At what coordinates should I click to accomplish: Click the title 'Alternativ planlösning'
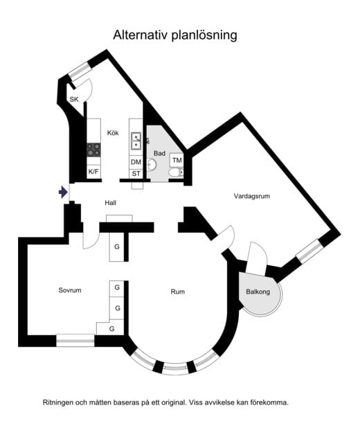pyautogui.click(x=179, y=35)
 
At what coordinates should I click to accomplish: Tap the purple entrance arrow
pyautogui.click(x=64, y=192)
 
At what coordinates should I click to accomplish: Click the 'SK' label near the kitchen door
pyautogui.click(x=73, y=100)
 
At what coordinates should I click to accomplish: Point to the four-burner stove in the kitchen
pyautogui.click(x=93, y=149)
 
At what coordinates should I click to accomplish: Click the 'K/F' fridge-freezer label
pyautogui.click(x=93, y=171)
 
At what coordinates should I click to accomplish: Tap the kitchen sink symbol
pyautogui.click(x=136, y=142)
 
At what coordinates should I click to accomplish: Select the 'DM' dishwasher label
pyautogui.click(x=136, y=162)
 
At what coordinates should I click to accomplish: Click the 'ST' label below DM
pyautogui.click(x=136, y=173)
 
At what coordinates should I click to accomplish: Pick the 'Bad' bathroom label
pyautogui.click(x=159, y=153)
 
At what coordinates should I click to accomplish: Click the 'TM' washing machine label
pyautogui.click(x=177, y=161)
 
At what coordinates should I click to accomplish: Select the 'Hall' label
pyautogui.click(x=110, y=203)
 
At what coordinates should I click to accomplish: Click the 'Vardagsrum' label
pyautogui.click(x=251, y=197)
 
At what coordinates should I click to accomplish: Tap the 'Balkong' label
pyautogui.click(x=259, y=292)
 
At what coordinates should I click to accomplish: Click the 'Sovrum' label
pyautogui.click(x=70, y=290)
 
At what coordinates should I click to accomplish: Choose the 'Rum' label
pyautogui.click(x=178, y=292)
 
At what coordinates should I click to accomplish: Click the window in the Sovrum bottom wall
pyautogui.click(x=75, y=339)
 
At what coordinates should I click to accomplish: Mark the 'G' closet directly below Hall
pyautogui.click(x=117, y=247)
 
